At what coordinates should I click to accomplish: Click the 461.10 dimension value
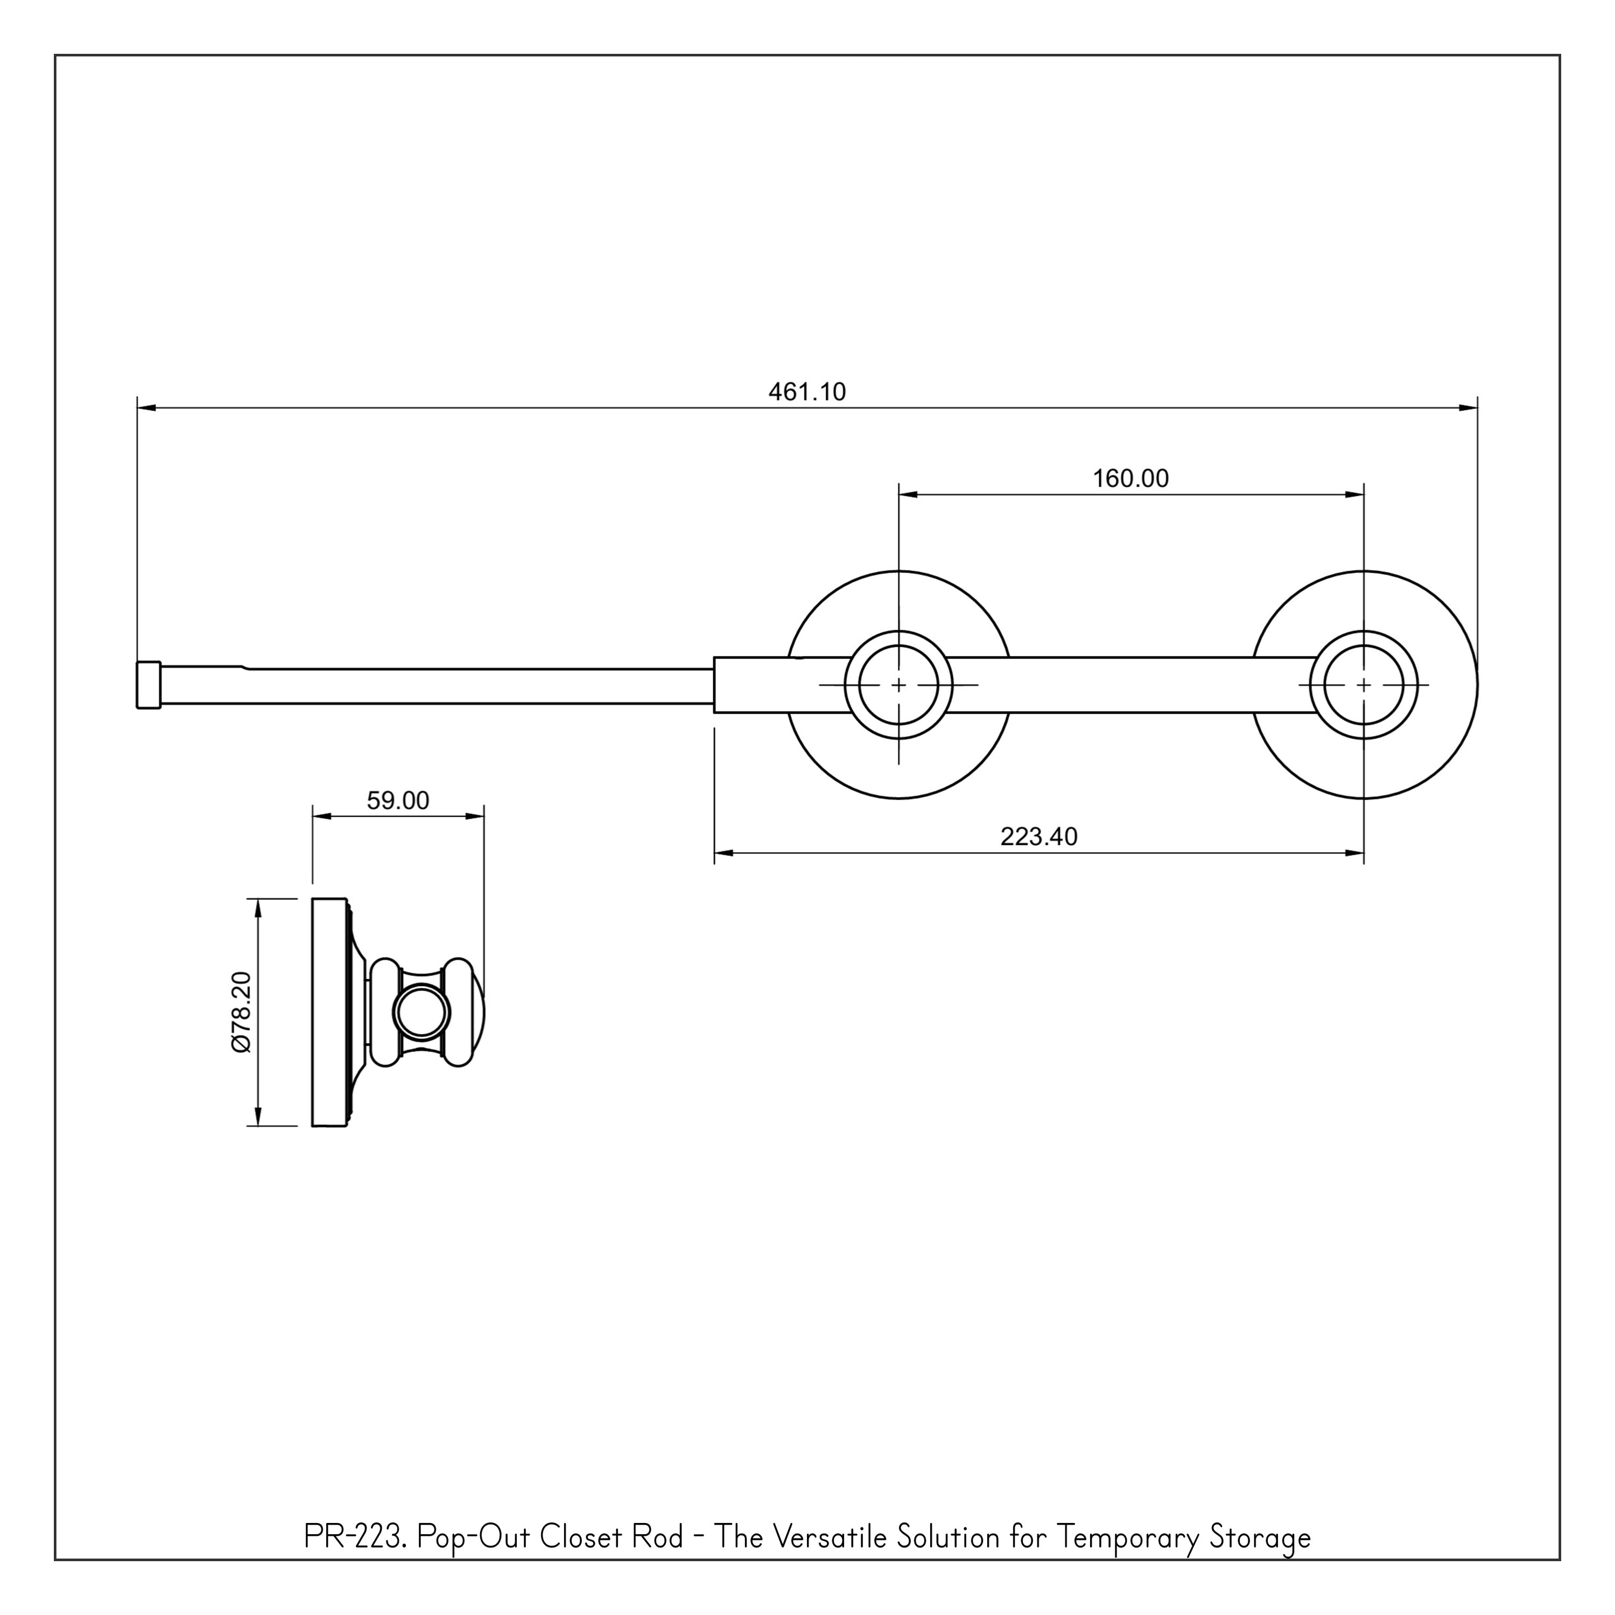click(806, 392)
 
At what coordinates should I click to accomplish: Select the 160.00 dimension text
click(1130, 479)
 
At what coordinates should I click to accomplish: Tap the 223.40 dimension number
click(1038, 837)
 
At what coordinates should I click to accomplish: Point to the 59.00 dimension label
click(398, 801)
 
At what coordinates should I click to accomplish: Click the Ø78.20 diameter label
click(241, 1012)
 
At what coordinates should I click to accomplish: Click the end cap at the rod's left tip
click(149, 685)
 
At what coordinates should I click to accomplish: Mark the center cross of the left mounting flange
click(898, 685)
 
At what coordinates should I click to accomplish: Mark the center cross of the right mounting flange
click(1364, 685)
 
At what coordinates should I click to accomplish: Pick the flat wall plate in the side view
click(328, 1012)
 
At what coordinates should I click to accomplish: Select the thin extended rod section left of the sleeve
click(476, 686)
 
